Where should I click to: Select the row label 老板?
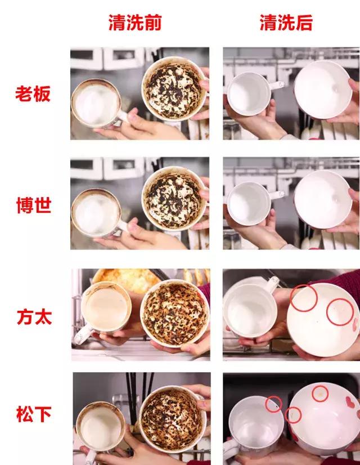click(33, 93)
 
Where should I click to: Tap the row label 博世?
click(33, 205)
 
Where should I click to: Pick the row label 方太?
click(33, 316)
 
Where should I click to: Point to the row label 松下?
click(33, 415)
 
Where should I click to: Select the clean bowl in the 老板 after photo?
click(322, 90)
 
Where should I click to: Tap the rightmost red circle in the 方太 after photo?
click(340, 312)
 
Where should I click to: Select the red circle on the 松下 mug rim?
click(274, 403)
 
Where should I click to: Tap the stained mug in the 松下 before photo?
click(101, 426)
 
